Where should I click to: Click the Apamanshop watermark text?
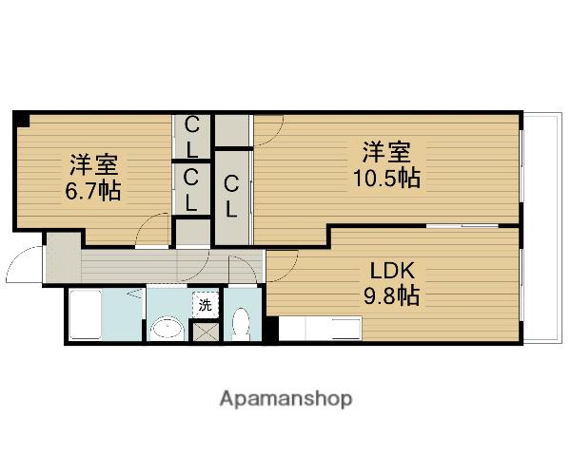(x=285, y=400)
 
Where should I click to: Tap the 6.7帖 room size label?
(x=93, y=190)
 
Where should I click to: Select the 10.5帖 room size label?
(x=386, y=178)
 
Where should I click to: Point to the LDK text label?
(x=392, y=271)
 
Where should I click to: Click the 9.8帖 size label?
(x=391, y=294)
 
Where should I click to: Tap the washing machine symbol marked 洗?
(x=205, y=305)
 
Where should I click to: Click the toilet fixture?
(x=241, y=324)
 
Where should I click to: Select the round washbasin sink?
(x=167, y=329)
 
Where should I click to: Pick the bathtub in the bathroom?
(x=86, y=314)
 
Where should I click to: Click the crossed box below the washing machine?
(x=206, y=332)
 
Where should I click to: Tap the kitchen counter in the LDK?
(x=320, y=329)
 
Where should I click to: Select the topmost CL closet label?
(x=191, y=137)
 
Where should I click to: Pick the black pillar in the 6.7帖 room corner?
(x=22, y=120)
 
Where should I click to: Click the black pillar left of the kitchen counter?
(x=270, y=329)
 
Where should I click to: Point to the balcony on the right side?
(x=542, y=228)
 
